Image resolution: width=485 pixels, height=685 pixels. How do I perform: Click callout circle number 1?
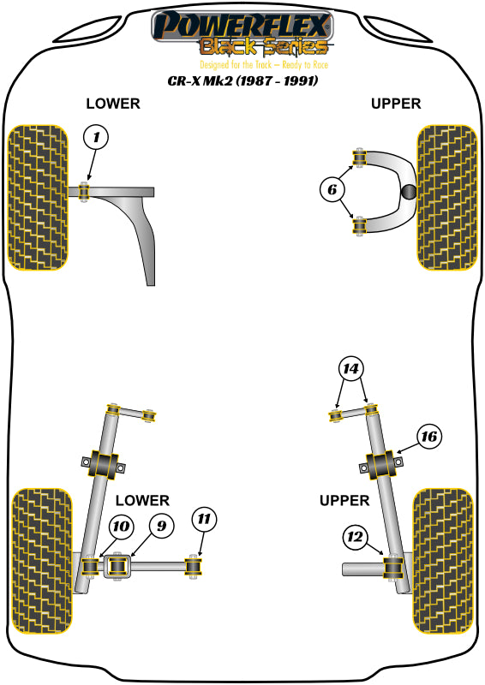pos(96,137)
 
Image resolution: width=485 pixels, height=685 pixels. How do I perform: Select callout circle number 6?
pos(332,189)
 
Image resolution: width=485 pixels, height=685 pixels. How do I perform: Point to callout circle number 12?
pos(355,537)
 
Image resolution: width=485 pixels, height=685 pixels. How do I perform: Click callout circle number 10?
pos(120,527)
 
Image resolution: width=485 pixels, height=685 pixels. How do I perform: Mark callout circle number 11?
pos(204,520)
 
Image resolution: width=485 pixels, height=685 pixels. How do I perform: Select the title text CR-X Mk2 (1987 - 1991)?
pos(242,81)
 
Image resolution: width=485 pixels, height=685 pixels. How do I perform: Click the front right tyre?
pos(445,198)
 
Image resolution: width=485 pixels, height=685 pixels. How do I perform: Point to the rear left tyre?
pos(39,560)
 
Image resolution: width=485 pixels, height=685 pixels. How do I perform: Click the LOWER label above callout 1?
pos(112,104)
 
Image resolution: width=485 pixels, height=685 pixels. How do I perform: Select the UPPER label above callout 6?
pos(396,104)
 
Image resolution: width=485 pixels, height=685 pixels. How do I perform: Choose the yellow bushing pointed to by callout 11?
pos(195,566)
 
